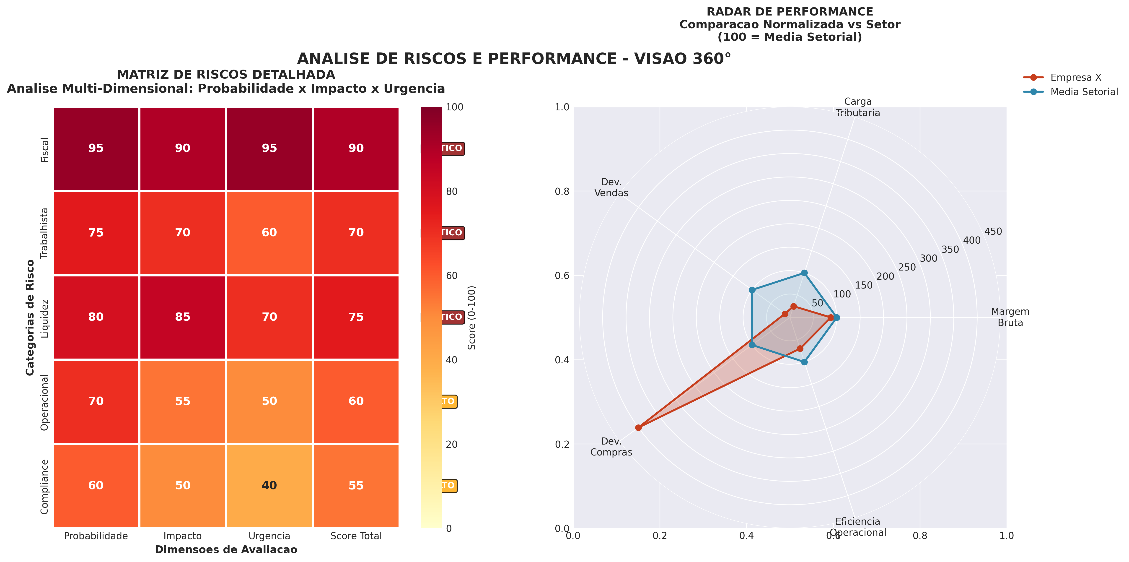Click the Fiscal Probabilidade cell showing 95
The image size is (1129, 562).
point(96,148)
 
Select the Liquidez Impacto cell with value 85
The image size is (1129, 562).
point(183,317)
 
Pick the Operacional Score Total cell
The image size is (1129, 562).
point(356,401)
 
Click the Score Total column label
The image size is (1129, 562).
point(356,536)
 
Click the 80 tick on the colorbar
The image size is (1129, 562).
point(451,192)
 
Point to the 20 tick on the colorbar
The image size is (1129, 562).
point(451,444)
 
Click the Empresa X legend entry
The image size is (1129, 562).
point(1075,78)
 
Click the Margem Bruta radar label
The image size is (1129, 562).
point(1010,317)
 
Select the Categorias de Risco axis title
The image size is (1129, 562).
point(30,317)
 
